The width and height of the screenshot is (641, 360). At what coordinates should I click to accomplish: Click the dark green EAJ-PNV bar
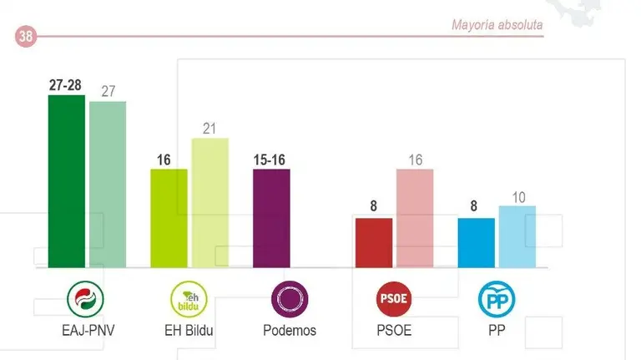pyautogui.click(x=66, y=181)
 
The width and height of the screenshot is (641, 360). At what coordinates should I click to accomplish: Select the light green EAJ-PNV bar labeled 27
pyautogui.click(x=107, y=185)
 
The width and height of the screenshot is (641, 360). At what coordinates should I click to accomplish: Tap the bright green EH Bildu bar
pyautogui.click(x=169, y=218)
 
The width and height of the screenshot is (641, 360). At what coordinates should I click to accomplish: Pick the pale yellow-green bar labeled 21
pyautogui.click(x=209, y=203)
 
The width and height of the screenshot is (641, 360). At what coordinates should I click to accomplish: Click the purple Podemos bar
pyautogui.click(x=271, y=218)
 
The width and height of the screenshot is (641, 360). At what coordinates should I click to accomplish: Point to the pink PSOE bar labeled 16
pyautogui.click(x=415, y=218)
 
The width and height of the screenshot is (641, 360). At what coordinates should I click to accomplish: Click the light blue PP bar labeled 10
pyautogui.click(x=517, y=236)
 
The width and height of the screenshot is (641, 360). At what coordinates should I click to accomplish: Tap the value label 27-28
pyautogui.click(x=66, y=85)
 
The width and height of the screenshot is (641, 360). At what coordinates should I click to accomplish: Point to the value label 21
pyautogui.click(x=209, y=129)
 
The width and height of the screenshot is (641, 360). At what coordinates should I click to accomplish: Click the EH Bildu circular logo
pyautogui.click(x=187, y=298)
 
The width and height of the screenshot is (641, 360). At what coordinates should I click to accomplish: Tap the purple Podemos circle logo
pyautogui.click(x=290, y=298)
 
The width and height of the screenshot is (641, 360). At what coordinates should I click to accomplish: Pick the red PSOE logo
pyautogui.click(x=395, y=298)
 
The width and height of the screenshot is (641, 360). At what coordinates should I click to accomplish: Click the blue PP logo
pyautogui.click(x=496, y=298)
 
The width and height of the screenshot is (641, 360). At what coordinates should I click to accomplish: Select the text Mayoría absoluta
pyautogui.click(x=497, y=25)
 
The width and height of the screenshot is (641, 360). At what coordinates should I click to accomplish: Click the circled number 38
pyautogui.click(x=25, y=36)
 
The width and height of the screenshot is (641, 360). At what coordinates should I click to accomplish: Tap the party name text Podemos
pyautogui.click(x=290, y=330)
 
